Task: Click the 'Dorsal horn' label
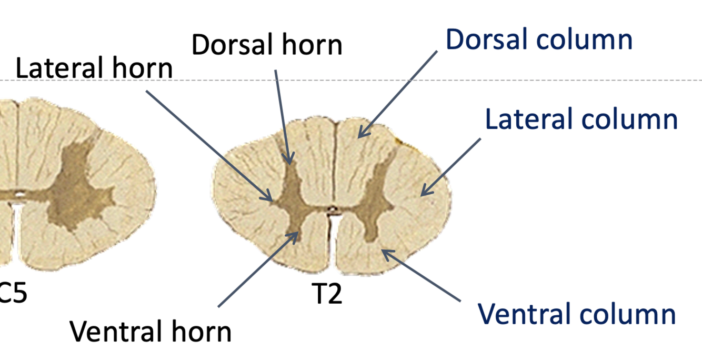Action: (x=267, y=45)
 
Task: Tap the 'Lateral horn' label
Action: (x=94, y=69)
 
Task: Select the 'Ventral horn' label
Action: (x=151, y=332)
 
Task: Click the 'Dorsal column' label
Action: (x=539, y=39)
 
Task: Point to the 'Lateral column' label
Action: (x=581, y=119)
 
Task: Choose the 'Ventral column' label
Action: (x=576, y=314)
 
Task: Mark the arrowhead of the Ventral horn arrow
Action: (x=297, y=232)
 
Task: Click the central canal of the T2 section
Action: (x=332, y=209)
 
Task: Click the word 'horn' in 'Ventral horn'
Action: (x=203, y=332)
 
